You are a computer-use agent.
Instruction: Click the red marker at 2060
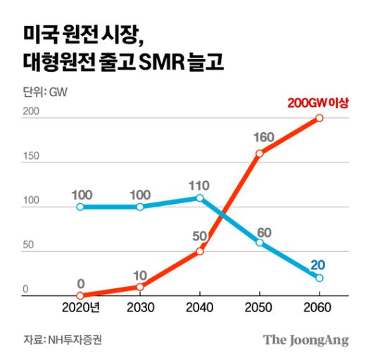[x=320, y=118]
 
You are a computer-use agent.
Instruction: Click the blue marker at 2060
[x=320, y=278]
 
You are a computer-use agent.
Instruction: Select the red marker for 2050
[x=260, y=153]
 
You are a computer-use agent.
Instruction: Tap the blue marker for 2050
[x=260, y=243]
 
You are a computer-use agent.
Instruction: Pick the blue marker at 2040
[x=200, y=198]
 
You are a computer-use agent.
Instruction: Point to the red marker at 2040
[x=200, y=251]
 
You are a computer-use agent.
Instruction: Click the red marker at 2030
[x=140, y=287]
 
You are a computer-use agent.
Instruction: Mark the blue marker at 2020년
[x=80, y=207]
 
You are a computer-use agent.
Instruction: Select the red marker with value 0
[x=80, y=295]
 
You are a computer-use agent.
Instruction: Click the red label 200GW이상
[x=319, y=103]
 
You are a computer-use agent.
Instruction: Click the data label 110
[x=200, y=185]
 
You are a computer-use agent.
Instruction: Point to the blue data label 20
[x=319, y=264]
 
